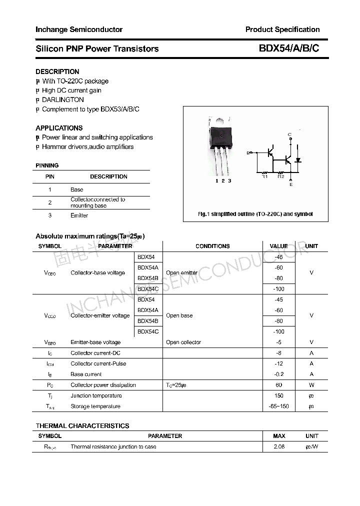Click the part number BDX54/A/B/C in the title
point(288,48)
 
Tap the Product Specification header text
point(282,29)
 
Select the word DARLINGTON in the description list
point(63,99)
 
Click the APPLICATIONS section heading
point(59,128)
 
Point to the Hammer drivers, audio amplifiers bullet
point(87,146)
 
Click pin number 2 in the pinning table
point(50,202)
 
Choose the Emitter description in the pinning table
point(79,215)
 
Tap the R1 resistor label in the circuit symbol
point(264,176)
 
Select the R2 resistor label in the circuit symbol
point(280,176)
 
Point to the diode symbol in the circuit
point(298,160)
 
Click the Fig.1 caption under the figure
point(255,214)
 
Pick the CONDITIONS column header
point(212,246)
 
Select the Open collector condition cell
point(183,342)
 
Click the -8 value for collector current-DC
point(278,353)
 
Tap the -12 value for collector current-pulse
point(278,363)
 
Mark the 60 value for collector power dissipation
point(278,385)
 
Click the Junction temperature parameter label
point(96,395)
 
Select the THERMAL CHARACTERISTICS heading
point(82,425)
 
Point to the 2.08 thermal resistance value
point(279,446)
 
